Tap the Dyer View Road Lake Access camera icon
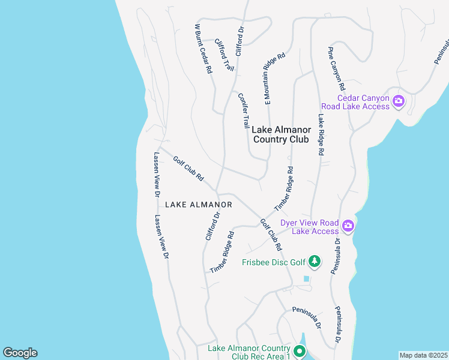click(348, 226)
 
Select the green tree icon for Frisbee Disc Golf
click(314, 262)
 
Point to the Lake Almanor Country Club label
click(281, 134)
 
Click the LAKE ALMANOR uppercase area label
click(198, 205)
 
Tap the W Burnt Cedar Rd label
click(203, 49)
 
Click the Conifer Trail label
click(243, 110)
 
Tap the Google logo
click(20, 353)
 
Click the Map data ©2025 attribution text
click(423, 355)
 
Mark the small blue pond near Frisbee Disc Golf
click(307, 278)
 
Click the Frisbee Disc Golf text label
click(274, 262)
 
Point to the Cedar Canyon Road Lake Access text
click(364, 102)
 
